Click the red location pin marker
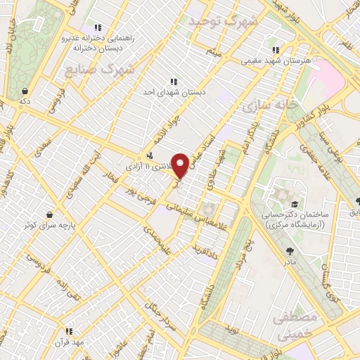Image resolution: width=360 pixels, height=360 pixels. coord(181,166)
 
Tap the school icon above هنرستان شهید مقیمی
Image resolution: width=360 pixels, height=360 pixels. coord(276,50)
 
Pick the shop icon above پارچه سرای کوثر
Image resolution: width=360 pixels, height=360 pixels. coord(49,214)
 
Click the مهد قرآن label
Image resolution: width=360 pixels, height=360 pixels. coord(68,342)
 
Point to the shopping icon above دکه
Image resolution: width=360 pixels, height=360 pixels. coord(25,91)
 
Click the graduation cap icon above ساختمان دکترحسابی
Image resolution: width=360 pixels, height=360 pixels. coord(291,200)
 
